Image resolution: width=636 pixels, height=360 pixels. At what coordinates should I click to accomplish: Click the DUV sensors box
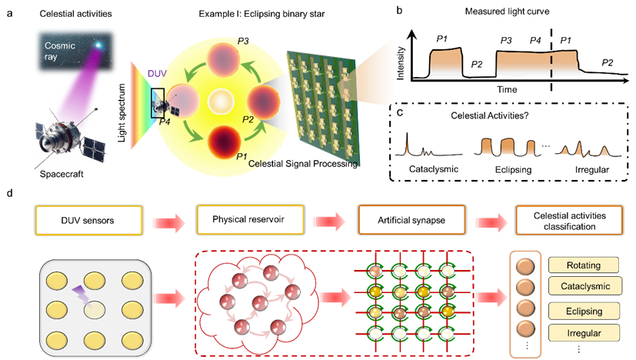click(89, 220)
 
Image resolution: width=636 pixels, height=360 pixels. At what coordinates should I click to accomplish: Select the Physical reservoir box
click(250, 219)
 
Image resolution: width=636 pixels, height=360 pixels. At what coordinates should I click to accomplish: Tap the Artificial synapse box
click(411, 220)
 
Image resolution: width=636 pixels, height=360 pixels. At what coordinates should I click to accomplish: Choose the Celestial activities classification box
click(569, 220)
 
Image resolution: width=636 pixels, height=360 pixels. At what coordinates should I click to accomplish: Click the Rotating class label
click(584, 265)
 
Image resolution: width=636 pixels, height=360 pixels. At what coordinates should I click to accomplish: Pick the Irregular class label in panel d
click(584, 333)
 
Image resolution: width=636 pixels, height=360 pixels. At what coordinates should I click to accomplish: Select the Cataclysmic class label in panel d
click(585, 285)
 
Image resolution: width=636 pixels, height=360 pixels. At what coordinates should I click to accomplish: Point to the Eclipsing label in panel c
click(513, 170)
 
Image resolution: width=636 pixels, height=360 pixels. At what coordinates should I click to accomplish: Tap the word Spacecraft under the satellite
click(62, 174)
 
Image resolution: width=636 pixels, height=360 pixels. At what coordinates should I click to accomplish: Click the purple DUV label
click(157, 73)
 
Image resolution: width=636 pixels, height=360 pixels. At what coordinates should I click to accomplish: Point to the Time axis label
click(507, 89)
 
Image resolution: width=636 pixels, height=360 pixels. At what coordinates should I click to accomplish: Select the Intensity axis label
click(401, 63)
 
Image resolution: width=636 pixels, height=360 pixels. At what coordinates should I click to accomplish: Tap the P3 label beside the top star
click(243, 41)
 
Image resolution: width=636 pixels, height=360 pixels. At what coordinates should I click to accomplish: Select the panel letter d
click(10, 193)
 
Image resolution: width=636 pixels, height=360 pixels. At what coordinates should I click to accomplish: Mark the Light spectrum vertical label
click(122, 113)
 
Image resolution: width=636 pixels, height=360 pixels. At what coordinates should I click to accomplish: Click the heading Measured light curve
click(507, 12)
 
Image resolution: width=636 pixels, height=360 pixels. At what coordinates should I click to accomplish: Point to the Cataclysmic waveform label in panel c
click(434, 168)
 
